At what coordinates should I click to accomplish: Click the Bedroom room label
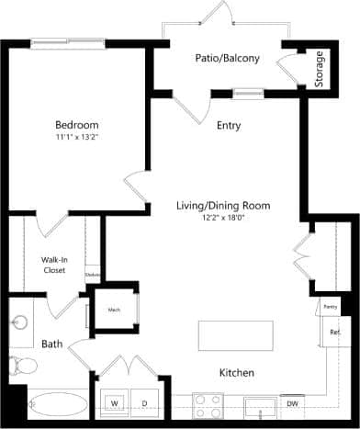click(76, 125)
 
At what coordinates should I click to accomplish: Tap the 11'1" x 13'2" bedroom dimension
click(76, 138)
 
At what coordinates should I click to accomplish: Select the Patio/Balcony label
click(227, 58)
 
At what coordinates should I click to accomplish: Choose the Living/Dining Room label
click(223, 206)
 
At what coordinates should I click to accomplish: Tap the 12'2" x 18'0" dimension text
click(223, 219)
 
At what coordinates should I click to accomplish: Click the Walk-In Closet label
click(53, 265)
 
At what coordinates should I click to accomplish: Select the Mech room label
click(115, 310)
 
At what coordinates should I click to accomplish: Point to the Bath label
click(52, 344)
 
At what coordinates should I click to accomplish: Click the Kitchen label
click(236, 373)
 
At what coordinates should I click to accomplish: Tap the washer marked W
click(117, 403)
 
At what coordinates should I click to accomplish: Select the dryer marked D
click(143, 403)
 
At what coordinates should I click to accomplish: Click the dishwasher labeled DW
click(292, 403)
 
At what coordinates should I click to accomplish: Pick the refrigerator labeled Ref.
click(334, 333)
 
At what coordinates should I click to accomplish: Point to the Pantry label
click(329, 307)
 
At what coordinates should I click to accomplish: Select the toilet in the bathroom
click(22, 367)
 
